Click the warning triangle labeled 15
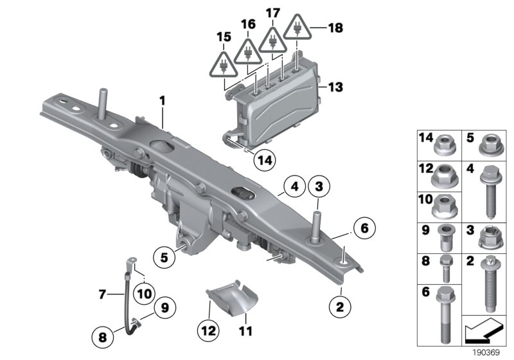tap(222, 65)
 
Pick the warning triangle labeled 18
tap(297, 30)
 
